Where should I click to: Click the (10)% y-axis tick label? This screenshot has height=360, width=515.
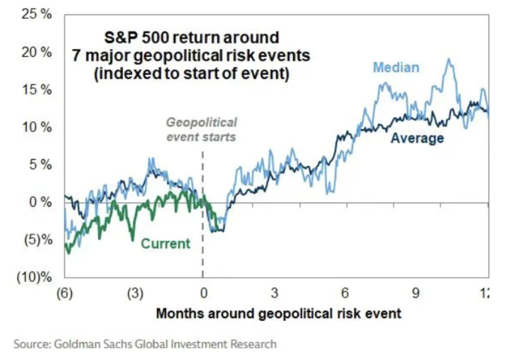click(x=34, y=278)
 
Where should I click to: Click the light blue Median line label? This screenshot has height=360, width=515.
click(x=396, y=67)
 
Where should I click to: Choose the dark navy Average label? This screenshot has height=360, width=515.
click(x=417, y=138)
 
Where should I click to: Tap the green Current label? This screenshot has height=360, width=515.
click(x=166, y=243)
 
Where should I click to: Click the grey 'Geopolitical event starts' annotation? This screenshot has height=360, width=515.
click(x=201, y=129)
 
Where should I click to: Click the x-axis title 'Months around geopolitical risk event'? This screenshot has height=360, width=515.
click(x=278, y=314)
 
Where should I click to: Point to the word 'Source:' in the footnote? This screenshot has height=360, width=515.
click(x=32, y=344)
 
